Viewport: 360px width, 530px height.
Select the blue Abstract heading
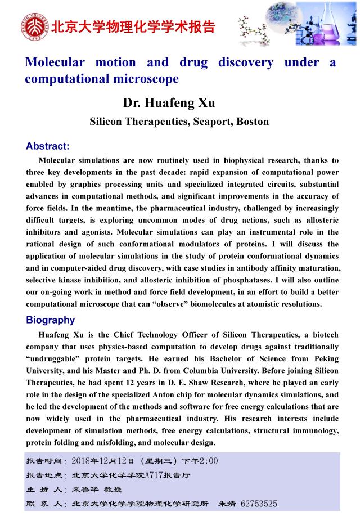tap(47, 146)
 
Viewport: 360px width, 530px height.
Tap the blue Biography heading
tap(50, 320)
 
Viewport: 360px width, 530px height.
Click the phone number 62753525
tap(259, 504)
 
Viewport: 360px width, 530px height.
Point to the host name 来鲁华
tap(85, 490)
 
